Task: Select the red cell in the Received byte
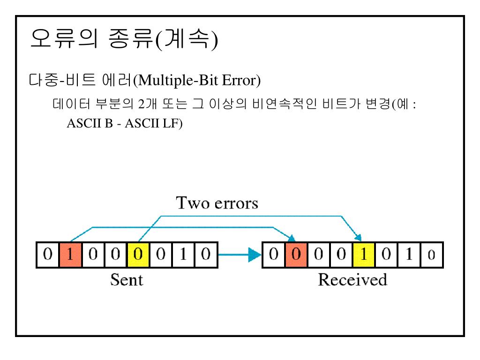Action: (x=295, y=255)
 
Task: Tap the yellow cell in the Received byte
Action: (x=363, y=255)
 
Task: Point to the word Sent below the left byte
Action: (x=127, y=280)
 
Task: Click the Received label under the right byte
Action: (x=352, y=280)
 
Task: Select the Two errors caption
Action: (x=217, y=204)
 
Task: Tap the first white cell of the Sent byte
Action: (x=47, y=255)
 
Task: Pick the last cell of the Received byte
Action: (x=430, y=255)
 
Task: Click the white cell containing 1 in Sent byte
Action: (x=182, y=255)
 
